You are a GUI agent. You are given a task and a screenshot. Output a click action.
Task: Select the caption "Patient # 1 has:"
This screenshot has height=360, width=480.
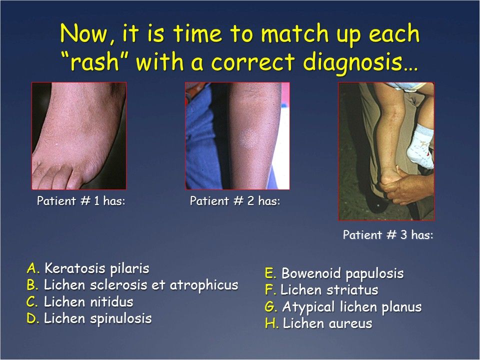point(80,201)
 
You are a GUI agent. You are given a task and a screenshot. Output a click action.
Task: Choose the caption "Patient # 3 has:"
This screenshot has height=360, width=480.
point(388,235)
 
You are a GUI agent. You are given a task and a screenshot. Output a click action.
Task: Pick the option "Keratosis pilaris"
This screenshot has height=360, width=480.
point(96,268)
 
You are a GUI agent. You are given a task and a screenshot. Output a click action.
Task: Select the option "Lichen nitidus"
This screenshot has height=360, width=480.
point(88,302)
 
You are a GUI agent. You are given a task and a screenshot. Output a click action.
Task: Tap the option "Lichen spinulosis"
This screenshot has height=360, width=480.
point(97,318)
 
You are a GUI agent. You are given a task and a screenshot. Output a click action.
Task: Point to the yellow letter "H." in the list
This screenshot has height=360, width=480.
point(272,323)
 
